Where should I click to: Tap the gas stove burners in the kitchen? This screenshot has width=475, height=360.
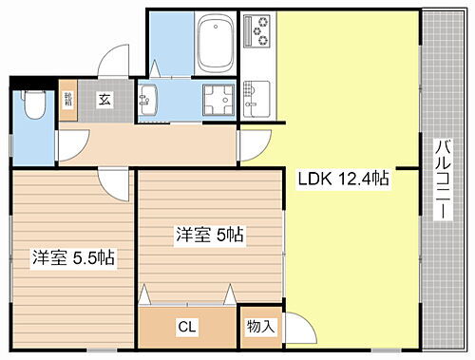tap(257, 32)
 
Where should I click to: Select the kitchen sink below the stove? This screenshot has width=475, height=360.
tap(255, 92)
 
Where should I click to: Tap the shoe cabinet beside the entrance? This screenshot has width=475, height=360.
tap(68, 103)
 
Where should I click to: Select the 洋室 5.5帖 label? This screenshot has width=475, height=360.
tap(73, 256)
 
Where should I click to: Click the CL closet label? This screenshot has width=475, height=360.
tap(187, 327)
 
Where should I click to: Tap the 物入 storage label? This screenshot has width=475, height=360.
tap(260, 327)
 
